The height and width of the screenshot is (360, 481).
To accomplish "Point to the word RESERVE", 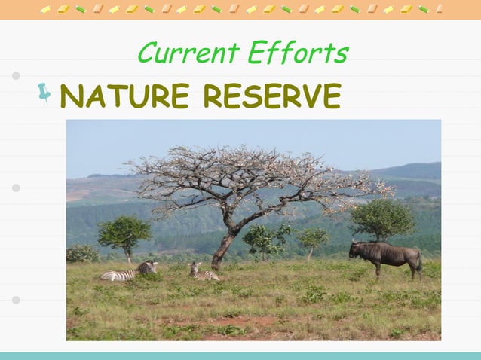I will pyautogui.click(x=272, y=96).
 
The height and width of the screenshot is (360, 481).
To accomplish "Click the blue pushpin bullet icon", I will pyautogui.click(x=44, y=93).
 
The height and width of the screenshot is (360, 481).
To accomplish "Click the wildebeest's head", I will pyautogui.click(x=355, y=250).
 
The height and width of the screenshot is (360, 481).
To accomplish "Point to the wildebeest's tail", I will pyautogui.click(x=419, y=262).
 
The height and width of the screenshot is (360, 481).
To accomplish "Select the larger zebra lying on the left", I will pyautogui.click(x=129, y=272).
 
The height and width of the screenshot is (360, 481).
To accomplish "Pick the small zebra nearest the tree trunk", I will pyautogui.click(x=202, y=273).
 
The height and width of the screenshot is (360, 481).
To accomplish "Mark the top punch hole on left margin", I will pyautogui.click(x=16, y=75).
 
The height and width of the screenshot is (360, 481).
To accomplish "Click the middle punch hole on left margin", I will pyautogui.click(x=16, y=188).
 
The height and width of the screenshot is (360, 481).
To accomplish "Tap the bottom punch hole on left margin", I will pyautogui.click(x=16, y=300).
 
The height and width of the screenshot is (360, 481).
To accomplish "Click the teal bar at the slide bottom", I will pyautogui.click(x=240, y=355).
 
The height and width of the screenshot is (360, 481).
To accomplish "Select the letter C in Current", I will pyautogui.click(x=148, y=53).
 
